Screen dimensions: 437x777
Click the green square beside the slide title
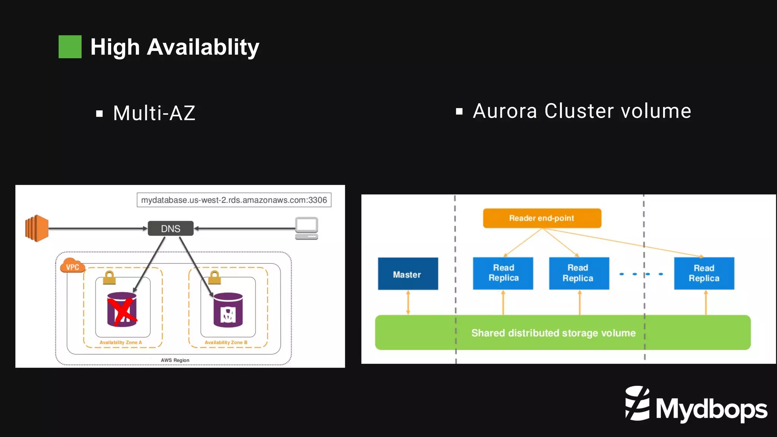[70, 47]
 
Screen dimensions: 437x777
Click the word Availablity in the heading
[203, 47]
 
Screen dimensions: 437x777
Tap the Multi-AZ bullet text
[154, 113]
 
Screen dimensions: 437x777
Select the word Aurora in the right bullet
[505, 111]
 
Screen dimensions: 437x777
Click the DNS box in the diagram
[170, 228]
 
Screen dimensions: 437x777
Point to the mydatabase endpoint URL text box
[234, 200]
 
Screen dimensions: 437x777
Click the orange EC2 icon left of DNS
[37, 228]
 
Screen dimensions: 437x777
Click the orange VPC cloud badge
[72, 267]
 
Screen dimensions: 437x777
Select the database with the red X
[122, 310]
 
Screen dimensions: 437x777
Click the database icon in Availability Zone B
[228, 310]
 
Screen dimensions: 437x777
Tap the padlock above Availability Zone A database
[109, 278]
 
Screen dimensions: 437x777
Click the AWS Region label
[175, 360]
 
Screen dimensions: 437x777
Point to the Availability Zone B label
[226, 342]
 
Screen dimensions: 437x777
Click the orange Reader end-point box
[542, 218]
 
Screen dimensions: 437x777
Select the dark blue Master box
[408, 274]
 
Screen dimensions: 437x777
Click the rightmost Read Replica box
[704, 273]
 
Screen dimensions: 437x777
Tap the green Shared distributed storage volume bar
[562, 332]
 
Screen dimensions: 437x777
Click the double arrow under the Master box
[408, 302]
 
